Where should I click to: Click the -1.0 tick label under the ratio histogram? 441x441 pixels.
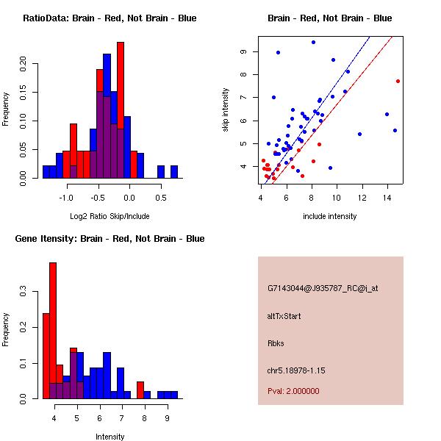click(67, 196)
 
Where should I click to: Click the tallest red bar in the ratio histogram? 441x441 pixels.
click(121, 110)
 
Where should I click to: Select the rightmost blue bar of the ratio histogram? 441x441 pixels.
click(174, 171)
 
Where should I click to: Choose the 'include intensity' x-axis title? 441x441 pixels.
click(330, 216)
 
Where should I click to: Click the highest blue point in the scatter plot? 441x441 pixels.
click(313, 42)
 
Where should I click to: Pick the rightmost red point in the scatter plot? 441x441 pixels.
click(398, 81)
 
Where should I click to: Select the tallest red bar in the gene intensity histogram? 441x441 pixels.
click(53, 330)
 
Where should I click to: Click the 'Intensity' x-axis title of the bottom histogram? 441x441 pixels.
click(110, 437)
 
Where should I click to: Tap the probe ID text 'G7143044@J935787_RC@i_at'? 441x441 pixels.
click(323, 289)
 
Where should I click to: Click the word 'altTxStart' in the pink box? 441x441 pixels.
click(284, 316)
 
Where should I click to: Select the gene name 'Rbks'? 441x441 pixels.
click(276, 343)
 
